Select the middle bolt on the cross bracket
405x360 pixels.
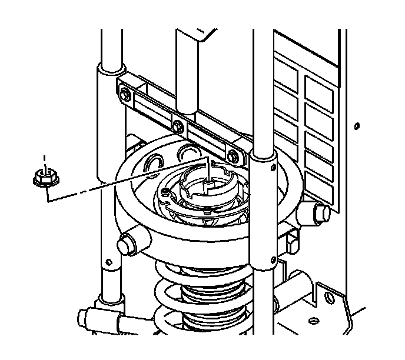tap(177, 125)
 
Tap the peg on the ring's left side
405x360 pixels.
tap(128, 241)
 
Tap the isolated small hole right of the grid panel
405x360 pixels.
tap(356, 125)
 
